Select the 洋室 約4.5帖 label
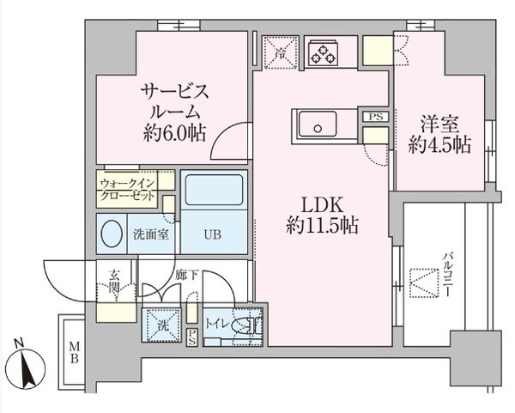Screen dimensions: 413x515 [439, 134]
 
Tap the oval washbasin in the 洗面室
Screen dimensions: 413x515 [112, 234]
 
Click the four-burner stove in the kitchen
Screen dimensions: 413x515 [325, 52]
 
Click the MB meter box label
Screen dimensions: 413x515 [72, 353]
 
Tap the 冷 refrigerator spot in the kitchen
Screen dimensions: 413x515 [280, 49]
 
